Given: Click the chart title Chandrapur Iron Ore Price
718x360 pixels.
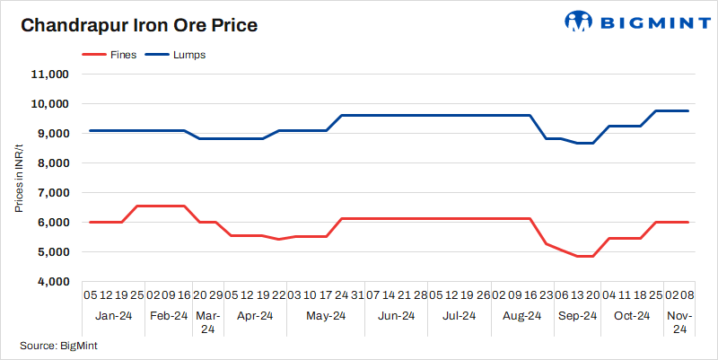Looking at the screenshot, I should point(139,25).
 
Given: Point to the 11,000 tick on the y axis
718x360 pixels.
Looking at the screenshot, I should point(51,75).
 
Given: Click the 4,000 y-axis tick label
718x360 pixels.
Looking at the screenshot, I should point(54,282).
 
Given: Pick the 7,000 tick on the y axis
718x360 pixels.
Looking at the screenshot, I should point(54,193).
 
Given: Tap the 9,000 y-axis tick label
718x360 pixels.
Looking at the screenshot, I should point(54,134).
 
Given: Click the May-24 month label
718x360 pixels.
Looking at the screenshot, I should point(326,316).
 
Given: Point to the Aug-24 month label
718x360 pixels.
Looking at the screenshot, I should point(522,316).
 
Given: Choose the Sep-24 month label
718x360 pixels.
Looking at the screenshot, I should point(577,316).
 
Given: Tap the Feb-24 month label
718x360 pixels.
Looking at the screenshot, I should point(169,316).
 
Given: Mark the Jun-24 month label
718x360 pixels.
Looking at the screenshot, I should point(397,316).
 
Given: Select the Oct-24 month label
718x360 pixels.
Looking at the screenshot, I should point(632,316).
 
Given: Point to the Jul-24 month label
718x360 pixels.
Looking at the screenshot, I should point(460,316).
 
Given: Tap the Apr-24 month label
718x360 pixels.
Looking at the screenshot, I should point(255,316).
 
